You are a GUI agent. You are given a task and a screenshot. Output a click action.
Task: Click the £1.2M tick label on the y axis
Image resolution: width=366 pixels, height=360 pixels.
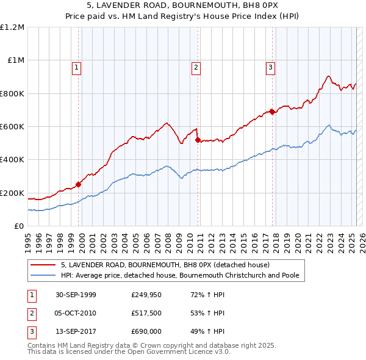coord(12,27)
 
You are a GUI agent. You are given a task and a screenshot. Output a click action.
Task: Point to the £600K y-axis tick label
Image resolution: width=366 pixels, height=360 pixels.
coord(12,126)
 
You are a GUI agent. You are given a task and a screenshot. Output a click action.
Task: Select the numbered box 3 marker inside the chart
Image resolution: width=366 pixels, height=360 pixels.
coord(270,68)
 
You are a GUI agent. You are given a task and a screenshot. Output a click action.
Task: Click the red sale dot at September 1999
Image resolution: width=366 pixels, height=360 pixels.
coord(79,184)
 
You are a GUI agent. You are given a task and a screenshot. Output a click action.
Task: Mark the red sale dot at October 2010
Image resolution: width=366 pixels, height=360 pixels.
coord(198,140)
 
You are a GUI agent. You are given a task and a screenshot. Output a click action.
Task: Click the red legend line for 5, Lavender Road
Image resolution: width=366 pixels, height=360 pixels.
coord(43,265)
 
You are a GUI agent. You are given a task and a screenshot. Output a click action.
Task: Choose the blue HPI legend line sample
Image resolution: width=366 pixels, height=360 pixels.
coord(43,275)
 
